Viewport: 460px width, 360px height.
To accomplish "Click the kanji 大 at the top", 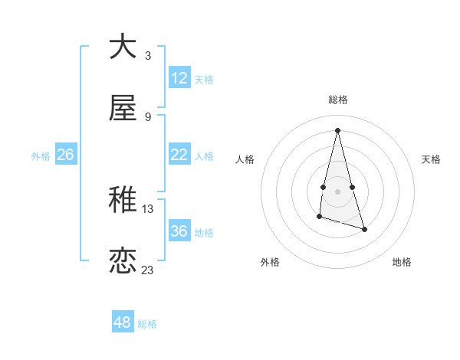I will pyautogui.click(x=123, y=47).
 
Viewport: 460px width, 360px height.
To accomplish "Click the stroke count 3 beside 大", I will pyautogui.click(x=148, y=56).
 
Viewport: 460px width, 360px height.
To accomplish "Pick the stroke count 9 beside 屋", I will pyautogui.click(x=148, y=117).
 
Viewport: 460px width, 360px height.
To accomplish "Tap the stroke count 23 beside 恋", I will pyautogui.click(x=148, y=270).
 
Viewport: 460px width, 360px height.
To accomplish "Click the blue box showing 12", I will pyautogui.click(x=179, y=78).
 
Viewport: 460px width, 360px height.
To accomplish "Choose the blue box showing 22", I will pyautogui.click(x=179, y=155).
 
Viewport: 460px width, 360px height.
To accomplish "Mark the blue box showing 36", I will pyautogui.click(x=179, y=231).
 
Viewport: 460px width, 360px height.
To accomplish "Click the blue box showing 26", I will pyautogui.click(x=65, y=155).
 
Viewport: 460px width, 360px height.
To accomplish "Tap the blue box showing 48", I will pyautogui.click(x=123, y=322).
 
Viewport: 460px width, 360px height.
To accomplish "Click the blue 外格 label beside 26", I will pyautogui.click(x=41, y=156).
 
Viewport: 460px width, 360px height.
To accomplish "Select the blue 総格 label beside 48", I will pyautogui.click(x=147, y=324).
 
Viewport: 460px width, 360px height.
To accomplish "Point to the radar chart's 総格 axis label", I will pyautogui.click(x=337, y=100).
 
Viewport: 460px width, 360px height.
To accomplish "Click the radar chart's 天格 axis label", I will pyautogui.click(x=431, y=159).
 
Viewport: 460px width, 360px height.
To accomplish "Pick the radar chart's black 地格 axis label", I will pyautogui.click(x=402, y=262).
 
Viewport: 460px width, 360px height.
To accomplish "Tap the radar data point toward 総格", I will pyautogui.click(x=337, y=129).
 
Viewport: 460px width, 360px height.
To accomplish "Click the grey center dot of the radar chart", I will pyautogui.click(x=337, y=191).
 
